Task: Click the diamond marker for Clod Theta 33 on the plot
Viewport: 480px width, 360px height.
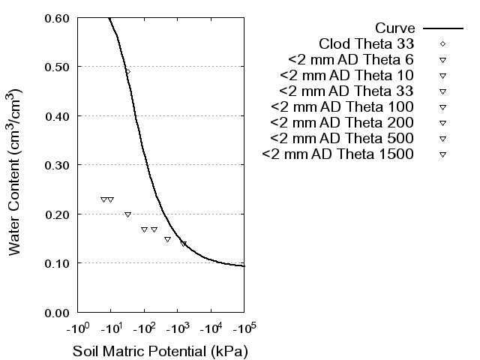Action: [127, 71]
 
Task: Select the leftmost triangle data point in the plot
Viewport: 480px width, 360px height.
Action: [103, 199]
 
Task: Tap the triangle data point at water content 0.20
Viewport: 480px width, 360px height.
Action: [127, 214]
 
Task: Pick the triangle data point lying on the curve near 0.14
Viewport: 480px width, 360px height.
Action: [183, 244]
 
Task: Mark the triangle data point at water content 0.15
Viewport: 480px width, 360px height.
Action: [167, 239]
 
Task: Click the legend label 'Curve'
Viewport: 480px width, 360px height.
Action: [395, 28]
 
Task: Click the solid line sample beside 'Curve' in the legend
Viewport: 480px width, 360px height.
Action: [442, 28]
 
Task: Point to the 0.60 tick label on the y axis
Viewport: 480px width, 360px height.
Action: [57, 18]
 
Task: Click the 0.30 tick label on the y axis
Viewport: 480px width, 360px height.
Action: [57, 165]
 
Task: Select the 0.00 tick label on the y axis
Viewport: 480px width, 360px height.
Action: [57, 312]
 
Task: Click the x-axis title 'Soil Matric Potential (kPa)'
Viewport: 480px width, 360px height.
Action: [160, 351]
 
